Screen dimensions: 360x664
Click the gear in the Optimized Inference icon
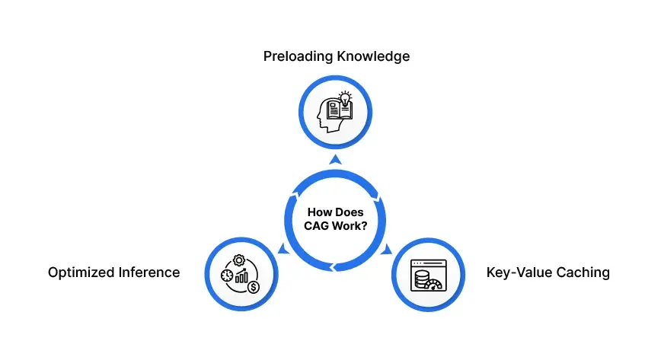coord(239,260)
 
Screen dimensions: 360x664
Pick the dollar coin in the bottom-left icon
coord(253,288)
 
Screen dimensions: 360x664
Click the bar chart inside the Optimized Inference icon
coord(243,276)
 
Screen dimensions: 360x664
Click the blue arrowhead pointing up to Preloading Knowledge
coord(332,160)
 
